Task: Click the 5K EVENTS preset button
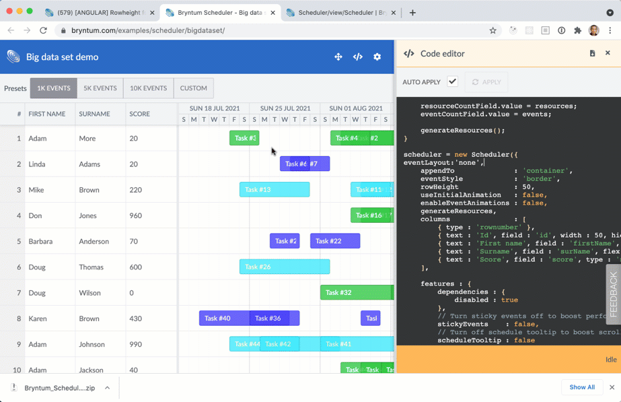point(100,88)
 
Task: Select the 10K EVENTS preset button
point(148,88)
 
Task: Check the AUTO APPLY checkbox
point(453,81)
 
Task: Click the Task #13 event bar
point(275,190)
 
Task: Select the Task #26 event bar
point(285,267)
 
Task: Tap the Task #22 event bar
point(335,241)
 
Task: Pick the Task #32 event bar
point(356,293)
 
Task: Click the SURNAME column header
point(94,114)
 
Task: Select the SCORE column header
point(140,114)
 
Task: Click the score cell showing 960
point(135,215)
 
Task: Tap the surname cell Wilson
point(89,293)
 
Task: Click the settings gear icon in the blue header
point(377,57)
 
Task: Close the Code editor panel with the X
point(608,53)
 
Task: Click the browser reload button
point(43,30)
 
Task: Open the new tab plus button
point(412,13)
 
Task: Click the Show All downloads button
point(582,387)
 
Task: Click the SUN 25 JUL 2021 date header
point(285,108)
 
